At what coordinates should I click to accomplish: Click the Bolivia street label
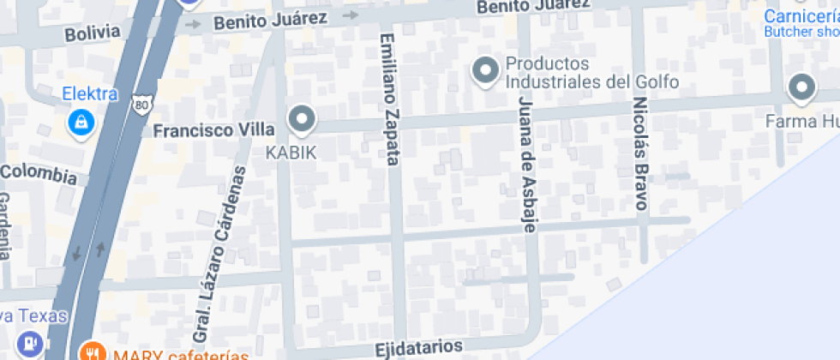[x=93, y=33]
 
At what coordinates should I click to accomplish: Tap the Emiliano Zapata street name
[x=390, y=99]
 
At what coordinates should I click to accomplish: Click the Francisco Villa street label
[x=213, y=130]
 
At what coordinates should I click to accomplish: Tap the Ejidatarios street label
[x=419, y=348]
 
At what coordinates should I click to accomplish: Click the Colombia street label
[x=39, y=174]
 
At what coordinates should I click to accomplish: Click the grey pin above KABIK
[x=301, y=119]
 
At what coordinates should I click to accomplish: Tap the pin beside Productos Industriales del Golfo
[x=486, y=71]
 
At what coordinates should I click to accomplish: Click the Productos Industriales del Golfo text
[x=591, y=74]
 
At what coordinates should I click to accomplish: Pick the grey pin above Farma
[x=801, y=87]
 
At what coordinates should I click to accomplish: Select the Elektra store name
[x=89, y=93]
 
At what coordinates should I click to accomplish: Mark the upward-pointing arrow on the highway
[x=100, y=249]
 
